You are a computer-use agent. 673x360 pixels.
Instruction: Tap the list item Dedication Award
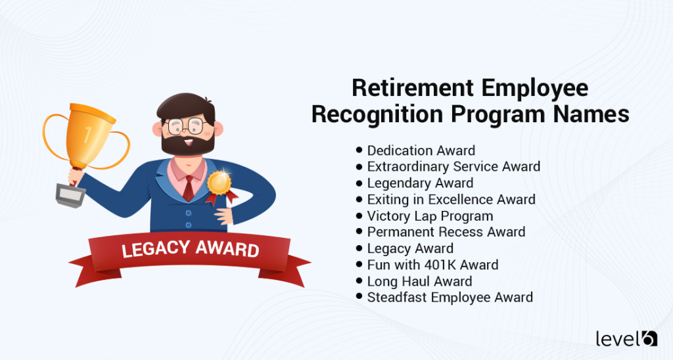(421, 150)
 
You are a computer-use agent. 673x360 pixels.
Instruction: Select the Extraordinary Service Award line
(453, 167)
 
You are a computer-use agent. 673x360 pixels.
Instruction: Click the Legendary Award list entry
(420, 183)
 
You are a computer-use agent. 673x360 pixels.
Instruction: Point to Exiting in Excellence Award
(451, 199)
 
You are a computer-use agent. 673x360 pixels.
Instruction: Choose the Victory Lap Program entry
(430, 215)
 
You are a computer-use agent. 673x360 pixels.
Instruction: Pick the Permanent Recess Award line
(446, 232)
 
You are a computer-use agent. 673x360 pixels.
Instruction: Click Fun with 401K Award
(432, 265)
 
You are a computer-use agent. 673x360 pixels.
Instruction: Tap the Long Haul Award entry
(419, 281)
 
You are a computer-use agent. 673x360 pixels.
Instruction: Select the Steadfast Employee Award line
(450, 297)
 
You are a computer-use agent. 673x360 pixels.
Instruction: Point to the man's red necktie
(188, 187)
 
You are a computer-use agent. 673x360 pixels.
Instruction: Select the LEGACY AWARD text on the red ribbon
(190, 250)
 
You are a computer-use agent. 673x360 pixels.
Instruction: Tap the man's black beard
(187, 144)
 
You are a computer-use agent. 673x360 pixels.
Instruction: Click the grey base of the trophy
(70, 195)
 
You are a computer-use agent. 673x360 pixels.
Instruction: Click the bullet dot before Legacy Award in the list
(360, 248)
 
